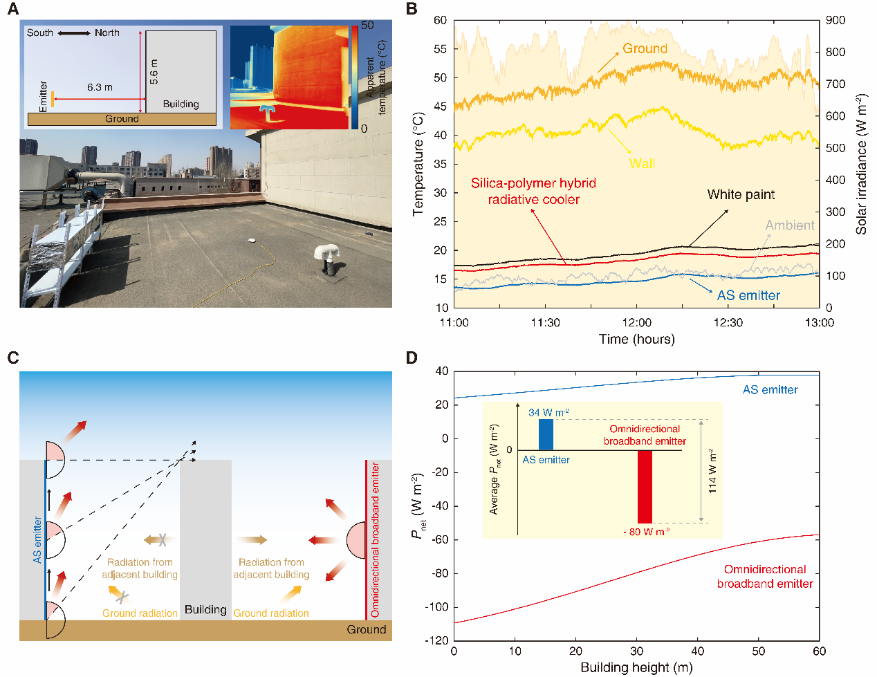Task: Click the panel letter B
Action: point(412,9)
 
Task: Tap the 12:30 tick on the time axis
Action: point(728,322)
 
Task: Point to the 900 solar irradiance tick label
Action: point(836,20)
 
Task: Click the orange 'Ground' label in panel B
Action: point(645,48)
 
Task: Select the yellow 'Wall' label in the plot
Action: point(642,163)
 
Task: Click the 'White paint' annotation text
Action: point(741,194)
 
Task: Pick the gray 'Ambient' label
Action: point(790,225)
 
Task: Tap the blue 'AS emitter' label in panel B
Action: point(748,295)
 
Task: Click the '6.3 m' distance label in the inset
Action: point(100,87)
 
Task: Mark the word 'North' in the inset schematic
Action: point(107,33)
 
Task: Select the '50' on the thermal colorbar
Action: point(367,26)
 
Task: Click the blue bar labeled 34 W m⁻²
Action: point(546,434)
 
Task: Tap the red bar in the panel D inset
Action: point(645,486)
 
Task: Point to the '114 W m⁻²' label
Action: point(712,471)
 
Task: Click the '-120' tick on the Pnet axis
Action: point(436,640)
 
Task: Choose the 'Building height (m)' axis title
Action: point(636,667)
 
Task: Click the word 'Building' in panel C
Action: point(205,609)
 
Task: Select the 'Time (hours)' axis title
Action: point(636,339)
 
